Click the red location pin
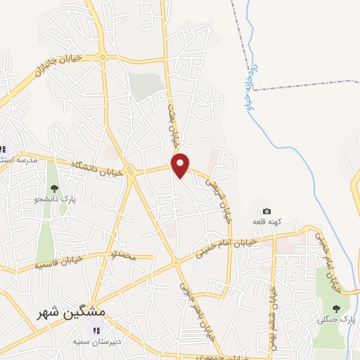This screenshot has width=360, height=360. pos(181,165)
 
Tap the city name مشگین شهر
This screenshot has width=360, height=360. pos(71,310)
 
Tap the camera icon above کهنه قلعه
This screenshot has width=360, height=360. pos(266,211)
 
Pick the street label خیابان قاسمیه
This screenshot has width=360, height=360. pos(58,263)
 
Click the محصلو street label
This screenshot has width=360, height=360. pos(121,252)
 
